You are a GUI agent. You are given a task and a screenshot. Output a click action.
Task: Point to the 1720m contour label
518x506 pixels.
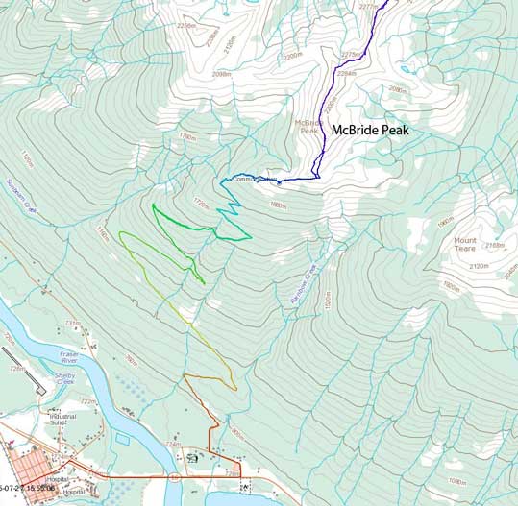point(201,203)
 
